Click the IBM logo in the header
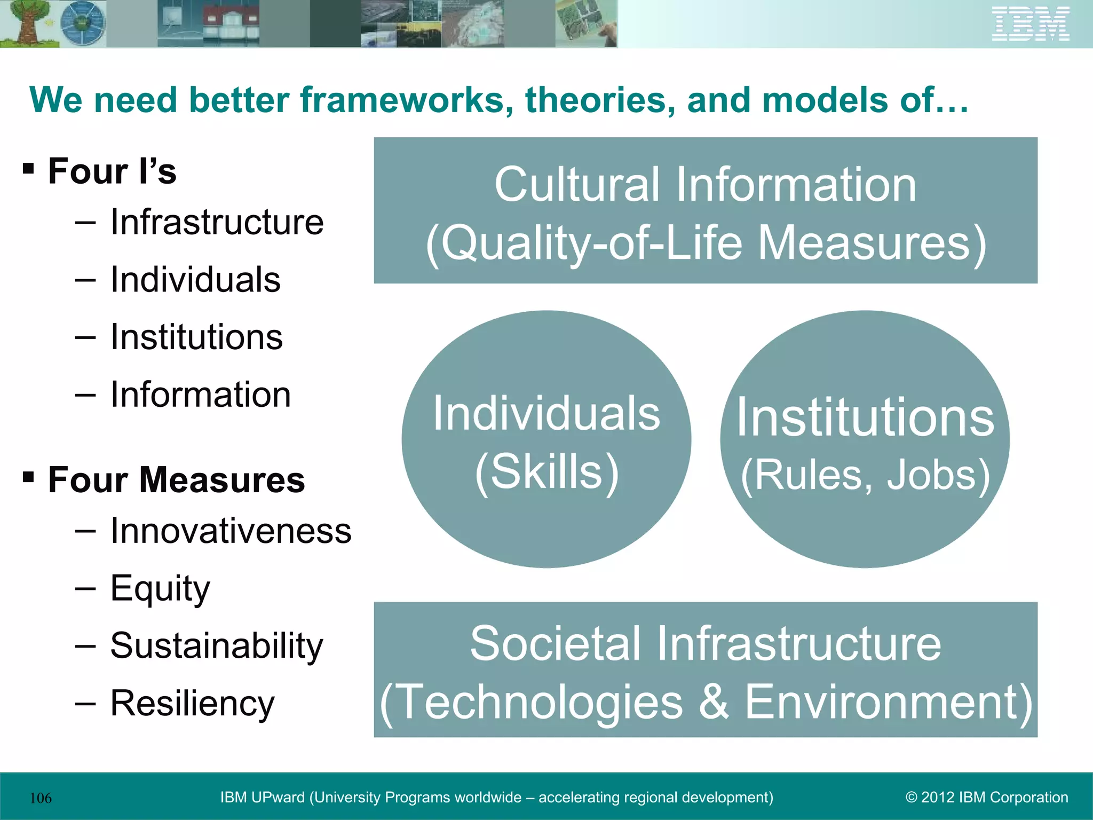coord(1031,24)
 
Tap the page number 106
coord(41,798)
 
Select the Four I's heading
coord(112,171)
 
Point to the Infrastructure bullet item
coord(217,222)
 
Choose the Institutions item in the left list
coord(196,337)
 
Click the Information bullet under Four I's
coord(200,395)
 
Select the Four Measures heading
coord(176,480)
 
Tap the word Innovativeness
coord(231,531)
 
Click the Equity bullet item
coord(160,588)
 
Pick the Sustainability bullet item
coord(217,646)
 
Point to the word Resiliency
coord(192,704)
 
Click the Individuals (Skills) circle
coord(546,439)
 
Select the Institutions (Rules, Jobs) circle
coord(865,439)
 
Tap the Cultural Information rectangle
coord(706,210)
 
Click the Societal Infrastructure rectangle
coord(706,669)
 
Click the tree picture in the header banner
coord(27,24)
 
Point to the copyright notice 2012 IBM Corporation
coord(987,798)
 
